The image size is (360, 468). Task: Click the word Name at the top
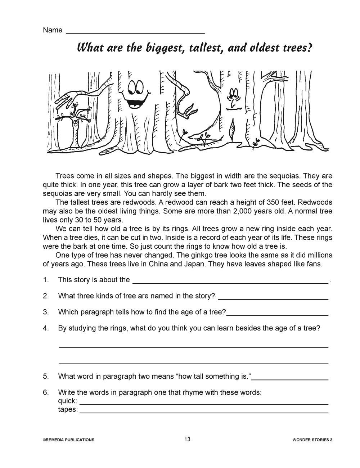click(x=53, y=30)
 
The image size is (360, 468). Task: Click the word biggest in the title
click(x=162, y=48)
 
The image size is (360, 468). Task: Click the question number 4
click(x=46, y=328)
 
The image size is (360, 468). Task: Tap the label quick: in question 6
click(x=67, y=401)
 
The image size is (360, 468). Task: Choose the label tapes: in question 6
click(x=68, y=410)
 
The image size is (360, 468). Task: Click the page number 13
click(x=187, y=439)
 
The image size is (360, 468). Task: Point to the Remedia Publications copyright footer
click(x=68, y=440)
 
